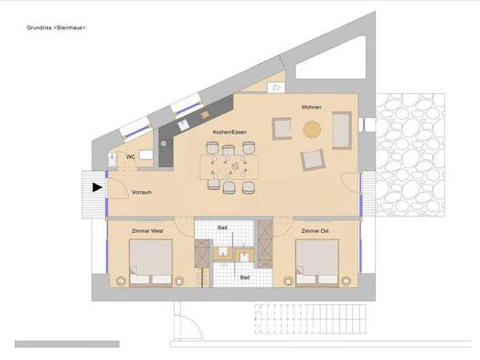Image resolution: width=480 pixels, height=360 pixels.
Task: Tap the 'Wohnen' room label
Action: pos(312,109)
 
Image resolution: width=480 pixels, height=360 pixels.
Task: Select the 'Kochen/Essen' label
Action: pos(229,132)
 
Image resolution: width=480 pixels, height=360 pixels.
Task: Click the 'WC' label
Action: pos(131,156)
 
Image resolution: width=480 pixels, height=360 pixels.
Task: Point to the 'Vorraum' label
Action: pos(141,193)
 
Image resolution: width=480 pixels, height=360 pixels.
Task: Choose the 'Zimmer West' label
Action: pos(147,231)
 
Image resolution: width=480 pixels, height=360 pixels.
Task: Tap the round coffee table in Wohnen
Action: pos(313,129)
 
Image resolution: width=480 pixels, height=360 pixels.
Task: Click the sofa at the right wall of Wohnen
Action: pos(342,129)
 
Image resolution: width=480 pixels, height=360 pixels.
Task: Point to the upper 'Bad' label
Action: pos(222,228)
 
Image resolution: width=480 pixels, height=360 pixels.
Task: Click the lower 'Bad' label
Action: pos(244,277)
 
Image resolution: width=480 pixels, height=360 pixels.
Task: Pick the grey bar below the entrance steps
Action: pos(67,344)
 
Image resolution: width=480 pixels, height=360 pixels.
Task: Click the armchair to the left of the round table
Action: pos(282,129)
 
